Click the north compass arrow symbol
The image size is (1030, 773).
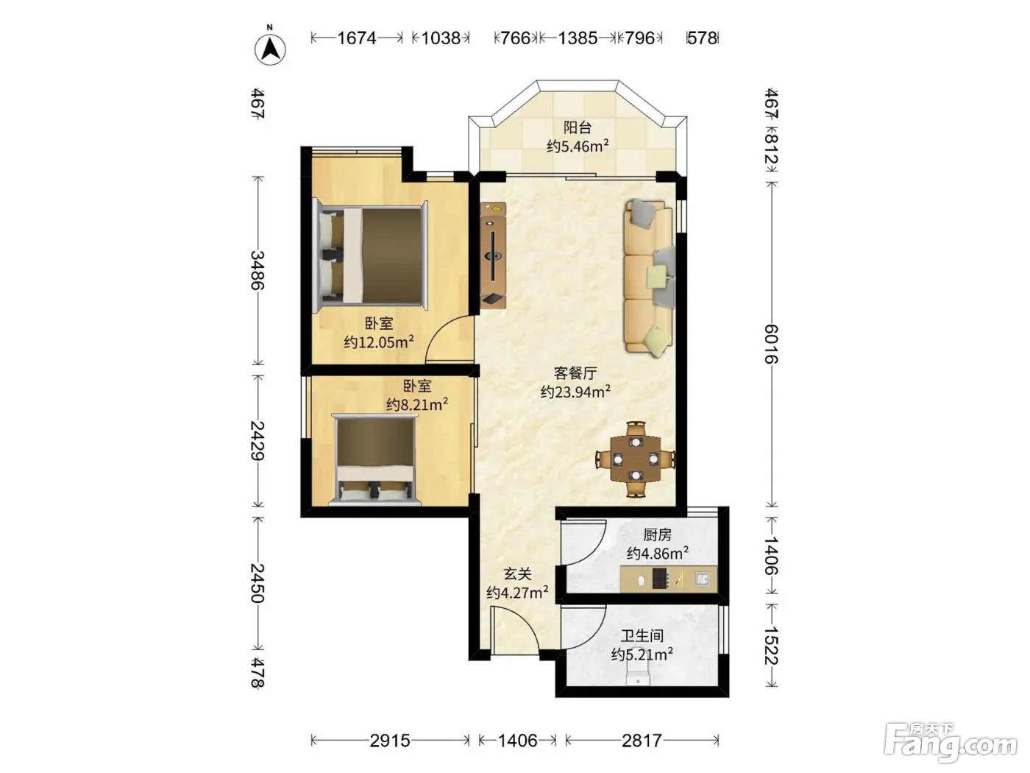(270, 49)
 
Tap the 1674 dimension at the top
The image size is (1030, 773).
(357, 38)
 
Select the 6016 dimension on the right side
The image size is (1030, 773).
(771, 344)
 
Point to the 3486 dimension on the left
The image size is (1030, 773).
(257, 270)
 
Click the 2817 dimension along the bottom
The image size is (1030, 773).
(642, 741)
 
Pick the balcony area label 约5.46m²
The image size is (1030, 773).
(578, 147)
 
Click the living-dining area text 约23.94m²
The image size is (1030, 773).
(575, 392)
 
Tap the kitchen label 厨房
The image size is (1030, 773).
(657, 534)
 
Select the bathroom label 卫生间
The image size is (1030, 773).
(642, 636)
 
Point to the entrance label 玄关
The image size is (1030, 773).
(517, 574)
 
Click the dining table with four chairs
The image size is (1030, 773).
(636, 459)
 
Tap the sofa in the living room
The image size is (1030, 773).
(650, 277)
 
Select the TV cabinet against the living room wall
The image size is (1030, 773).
(493, 255)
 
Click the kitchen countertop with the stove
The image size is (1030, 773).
(668, 579)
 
